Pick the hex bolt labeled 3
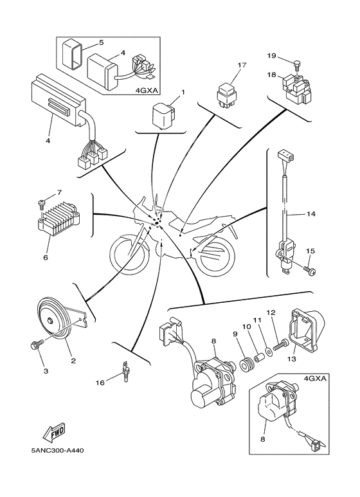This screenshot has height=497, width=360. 35,346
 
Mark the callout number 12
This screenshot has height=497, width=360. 271,312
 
